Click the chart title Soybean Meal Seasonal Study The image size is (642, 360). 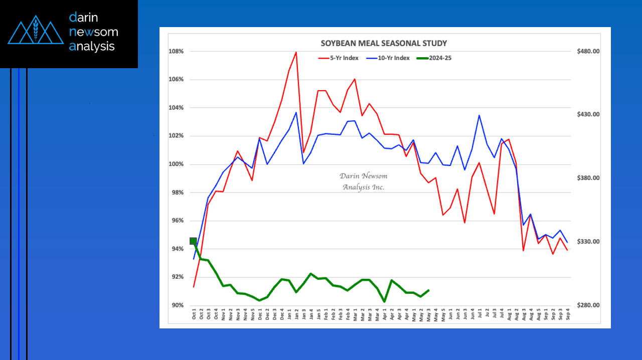[384, 43]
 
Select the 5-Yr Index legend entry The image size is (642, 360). [340, 58]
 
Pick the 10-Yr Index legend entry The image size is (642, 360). [391, 58]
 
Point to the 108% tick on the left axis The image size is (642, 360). [177, 51]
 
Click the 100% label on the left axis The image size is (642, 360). [177, 164]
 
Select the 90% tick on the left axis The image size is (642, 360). [178, 305]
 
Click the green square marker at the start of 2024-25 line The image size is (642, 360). [194, 241]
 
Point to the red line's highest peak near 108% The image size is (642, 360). [296, 52]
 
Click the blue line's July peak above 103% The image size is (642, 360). [479, 115]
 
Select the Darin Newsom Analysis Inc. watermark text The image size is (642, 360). [363, 182]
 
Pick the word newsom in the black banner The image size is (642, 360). [94, 32]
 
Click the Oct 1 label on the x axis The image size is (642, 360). [194, 314]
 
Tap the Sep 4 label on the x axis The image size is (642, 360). [567, 314]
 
